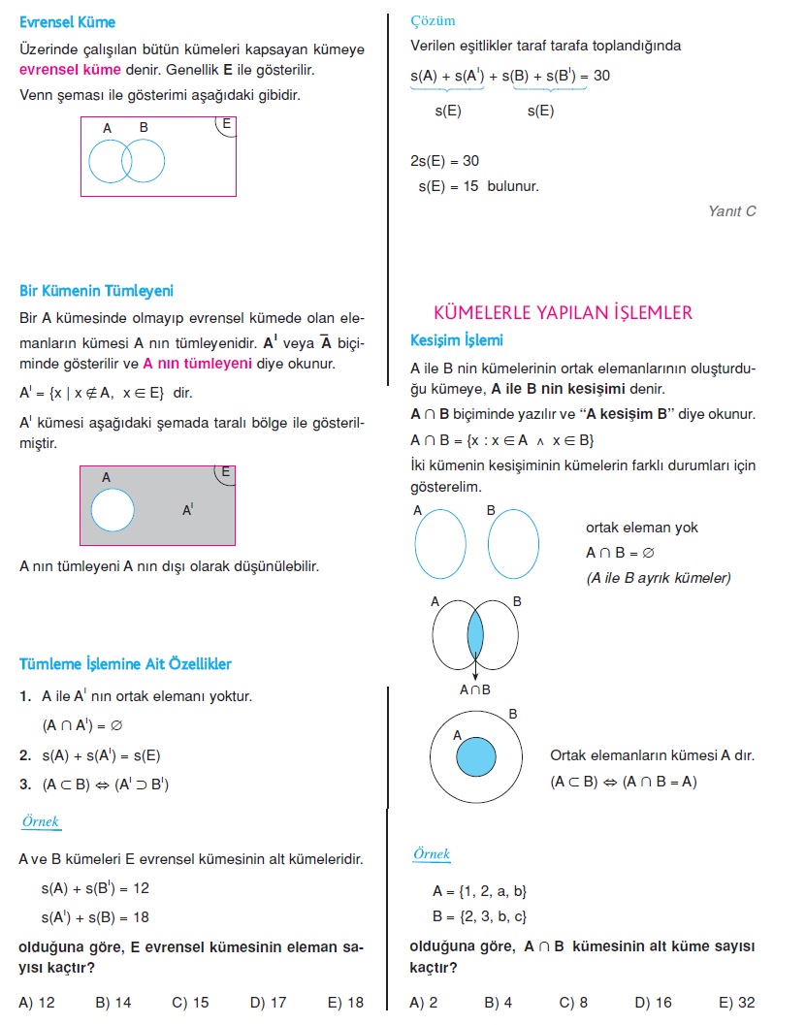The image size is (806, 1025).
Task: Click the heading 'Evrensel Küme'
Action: tap(67, 22)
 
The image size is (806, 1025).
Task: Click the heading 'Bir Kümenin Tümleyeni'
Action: tap(96, 291)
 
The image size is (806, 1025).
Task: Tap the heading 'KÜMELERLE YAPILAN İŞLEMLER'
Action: tap(563, 312)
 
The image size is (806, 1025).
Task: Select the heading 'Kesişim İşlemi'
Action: tap(457, 340)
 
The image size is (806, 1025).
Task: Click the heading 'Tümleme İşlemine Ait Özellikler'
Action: tap(125, 664)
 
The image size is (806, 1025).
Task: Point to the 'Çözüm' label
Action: tap(433, 20)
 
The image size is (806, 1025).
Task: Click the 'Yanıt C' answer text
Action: tap(731, 210)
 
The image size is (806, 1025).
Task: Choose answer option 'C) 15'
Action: tap(190, 1003)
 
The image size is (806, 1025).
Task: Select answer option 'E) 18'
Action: tap(345, 1003)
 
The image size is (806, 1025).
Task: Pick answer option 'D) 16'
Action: tap(654, 1003)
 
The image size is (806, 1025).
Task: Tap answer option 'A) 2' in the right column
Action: tap(424, 1003)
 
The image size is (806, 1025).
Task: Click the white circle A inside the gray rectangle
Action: tap(113, 510)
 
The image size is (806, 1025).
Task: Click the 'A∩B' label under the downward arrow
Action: tap(475, 690)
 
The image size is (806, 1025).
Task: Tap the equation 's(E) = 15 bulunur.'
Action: tap(478, 186)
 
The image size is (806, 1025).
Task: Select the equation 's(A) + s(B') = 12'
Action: tap(95, 887)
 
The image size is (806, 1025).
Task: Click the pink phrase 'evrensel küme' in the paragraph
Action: tap(70, 70)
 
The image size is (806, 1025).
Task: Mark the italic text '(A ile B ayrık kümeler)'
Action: tap(659, 578)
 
